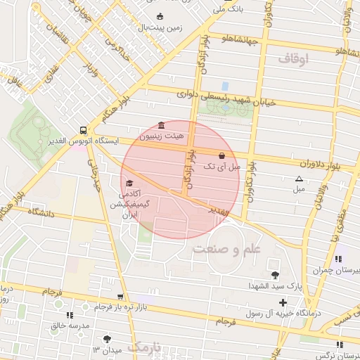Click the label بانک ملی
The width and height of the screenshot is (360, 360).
click(x=231, y=10)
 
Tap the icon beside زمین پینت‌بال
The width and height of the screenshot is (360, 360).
click(x=160, y=17)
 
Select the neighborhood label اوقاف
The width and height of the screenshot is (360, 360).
click(x=293, y=60)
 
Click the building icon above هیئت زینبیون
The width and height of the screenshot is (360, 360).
click(x=162, y=124)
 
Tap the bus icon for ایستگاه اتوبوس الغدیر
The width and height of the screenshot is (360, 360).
click(x=84, y=130)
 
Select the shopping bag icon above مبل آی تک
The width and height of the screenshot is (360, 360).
click(x=222, y=155)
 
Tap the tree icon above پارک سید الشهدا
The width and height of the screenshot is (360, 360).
click(x=274, y=275)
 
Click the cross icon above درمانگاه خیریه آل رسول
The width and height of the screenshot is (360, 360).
click(x=283, y=302)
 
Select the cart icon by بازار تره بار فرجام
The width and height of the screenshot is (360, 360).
click(x=121, y=297)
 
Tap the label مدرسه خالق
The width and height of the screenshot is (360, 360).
click(x=70, y=326)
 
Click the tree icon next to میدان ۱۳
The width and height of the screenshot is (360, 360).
click(x=106, y=339)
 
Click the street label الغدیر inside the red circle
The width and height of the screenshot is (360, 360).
click(x=219, y=210)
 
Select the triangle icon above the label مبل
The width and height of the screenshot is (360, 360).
click(x=299, y=179)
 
